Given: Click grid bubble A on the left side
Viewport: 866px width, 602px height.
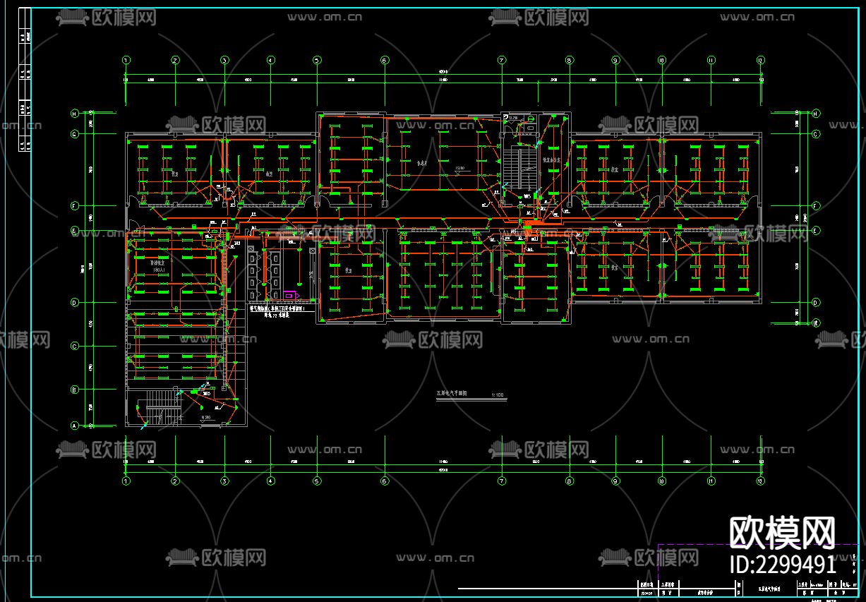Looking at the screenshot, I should coord(73,426).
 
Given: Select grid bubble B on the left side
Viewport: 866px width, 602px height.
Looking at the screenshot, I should coord(73,390).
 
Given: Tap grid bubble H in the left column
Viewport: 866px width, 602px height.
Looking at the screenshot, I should coord(73,113).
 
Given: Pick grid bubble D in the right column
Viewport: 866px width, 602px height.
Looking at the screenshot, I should coord(816,302).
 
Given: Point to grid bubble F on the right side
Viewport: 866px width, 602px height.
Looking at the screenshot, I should coord(816,206).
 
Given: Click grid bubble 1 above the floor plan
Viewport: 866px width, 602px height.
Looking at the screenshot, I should coord(126,61).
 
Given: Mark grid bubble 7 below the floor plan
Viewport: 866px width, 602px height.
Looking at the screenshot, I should coord(502,481).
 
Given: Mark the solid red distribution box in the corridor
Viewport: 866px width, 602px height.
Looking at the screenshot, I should coord(531,223).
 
